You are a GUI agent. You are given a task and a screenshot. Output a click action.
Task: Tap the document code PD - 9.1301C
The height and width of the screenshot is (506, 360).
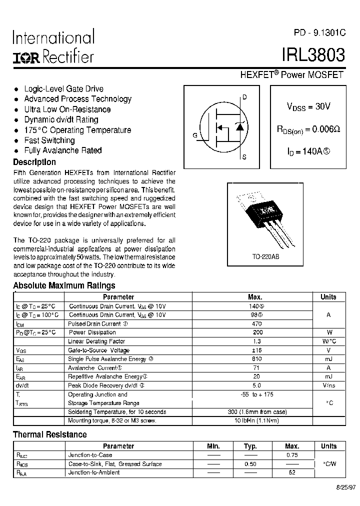pos(319,32)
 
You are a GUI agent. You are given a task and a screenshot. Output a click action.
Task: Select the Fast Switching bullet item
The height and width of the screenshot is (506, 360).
pos(49,140)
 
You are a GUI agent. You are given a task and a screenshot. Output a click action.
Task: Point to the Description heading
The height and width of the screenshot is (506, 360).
pos(34,162)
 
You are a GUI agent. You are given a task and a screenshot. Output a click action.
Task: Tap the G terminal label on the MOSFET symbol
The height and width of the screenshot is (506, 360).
pos(194,135)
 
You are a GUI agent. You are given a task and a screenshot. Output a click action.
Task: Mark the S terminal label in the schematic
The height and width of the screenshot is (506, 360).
pos(244,157)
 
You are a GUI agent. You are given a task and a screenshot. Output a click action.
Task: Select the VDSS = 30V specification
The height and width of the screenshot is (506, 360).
pos(308,106)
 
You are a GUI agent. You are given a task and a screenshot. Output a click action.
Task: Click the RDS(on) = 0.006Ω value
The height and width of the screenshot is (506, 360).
pos(308,129)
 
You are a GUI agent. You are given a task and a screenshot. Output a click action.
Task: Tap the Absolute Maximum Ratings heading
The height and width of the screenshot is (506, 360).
pos(64,285)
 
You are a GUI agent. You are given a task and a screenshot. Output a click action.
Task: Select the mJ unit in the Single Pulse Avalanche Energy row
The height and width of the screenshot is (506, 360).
pos(328,359)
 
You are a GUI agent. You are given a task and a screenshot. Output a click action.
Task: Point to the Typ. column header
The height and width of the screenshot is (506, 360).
pos(250,446)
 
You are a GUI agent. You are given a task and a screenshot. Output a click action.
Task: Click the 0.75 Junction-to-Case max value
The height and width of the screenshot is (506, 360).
pos(292,455)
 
